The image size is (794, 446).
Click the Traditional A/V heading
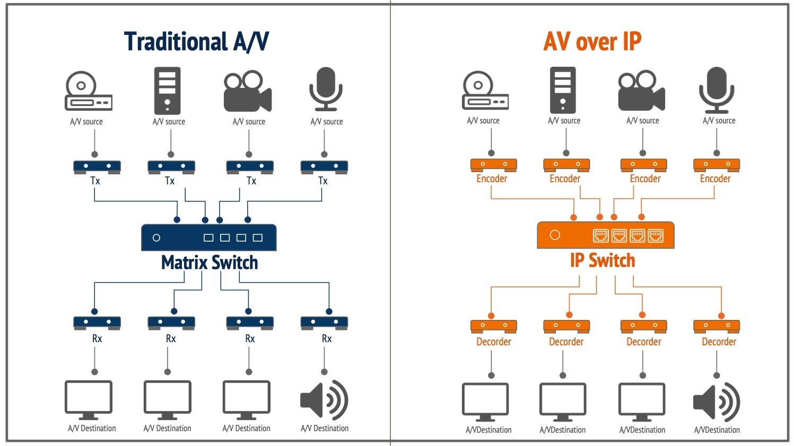196,41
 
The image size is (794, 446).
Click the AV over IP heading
592,41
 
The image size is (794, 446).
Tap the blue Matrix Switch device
208,237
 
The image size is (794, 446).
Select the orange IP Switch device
605,235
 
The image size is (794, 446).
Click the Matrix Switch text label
210,263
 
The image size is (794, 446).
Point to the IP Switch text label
603,261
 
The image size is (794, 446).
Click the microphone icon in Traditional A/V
326,88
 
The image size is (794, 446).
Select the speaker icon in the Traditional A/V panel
324,400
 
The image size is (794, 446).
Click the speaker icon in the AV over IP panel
716,402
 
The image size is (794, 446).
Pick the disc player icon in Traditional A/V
88,91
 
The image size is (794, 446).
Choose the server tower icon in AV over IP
563,90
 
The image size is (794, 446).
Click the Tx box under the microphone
324,167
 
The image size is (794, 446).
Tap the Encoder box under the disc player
493,165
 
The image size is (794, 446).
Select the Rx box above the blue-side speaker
324,323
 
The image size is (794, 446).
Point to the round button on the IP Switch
555,235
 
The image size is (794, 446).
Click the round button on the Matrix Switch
156,238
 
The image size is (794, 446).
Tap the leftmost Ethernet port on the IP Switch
600,235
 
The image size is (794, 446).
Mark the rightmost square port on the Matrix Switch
258,238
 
